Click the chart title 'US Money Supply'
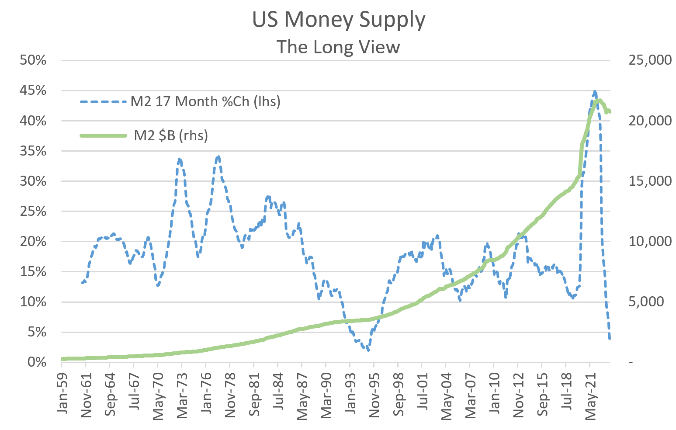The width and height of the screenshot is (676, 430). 339,20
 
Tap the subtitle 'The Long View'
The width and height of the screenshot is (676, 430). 338,47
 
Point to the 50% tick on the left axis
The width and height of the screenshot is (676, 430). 33,60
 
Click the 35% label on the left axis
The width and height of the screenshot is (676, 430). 33,151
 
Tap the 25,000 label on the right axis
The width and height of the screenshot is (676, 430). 649,60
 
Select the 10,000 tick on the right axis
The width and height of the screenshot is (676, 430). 649,242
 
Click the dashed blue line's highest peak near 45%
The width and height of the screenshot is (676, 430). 594,92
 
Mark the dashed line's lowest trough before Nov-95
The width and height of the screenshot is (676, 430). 368,350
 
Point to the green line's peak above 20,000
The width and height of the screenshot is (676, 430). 599,101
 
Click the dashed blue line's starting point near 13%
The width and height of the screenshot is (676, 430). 82,283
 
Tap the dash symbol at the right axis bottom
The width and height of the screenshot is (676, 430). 630,363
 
